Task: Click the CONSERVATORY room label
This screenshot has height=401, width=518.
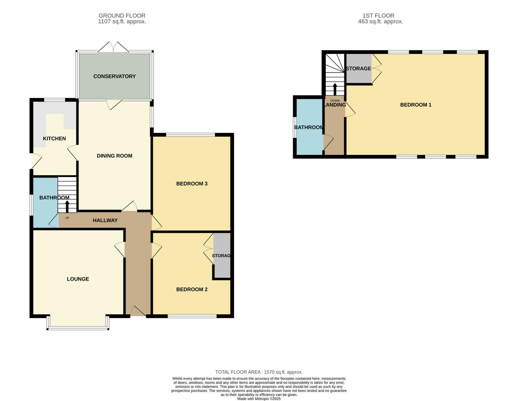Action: click(114, 76)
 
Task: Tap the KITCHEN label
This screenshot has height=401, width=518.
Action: click(54, 139)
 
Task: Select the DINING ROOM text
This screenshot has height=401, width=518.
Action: click(114, 156)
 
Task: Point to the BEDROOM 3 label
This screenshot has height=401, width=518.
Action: click(192, 183)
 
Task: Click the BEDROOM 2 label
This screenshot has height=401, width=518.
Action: click(192, 289)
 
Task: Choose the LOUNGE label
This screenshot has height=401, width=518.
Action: click(78, 279)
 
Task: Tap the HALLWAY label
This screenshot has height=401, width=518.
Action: click(105, 220)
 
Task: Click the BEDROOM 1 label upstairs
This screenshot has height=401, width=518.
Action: click(416, 105)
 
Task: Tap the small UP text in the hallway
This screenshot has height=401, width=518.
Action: click(67, 218)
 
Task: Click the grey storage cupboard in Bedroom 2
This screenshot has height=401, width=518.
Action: click(222, 256)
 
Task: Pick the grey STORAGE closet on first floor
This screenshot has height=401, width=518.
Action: click(358, 69)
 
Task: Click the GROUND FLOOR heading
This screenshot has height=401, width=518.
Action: click(122, 16)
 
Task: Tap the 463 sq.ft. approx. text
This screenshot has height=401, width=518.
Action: click(381, 22)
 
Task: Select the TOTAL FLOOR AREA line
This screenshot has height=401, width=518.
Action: click(259, 372)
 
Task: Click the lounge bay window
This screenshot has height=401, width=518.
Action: click(78, 328)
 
